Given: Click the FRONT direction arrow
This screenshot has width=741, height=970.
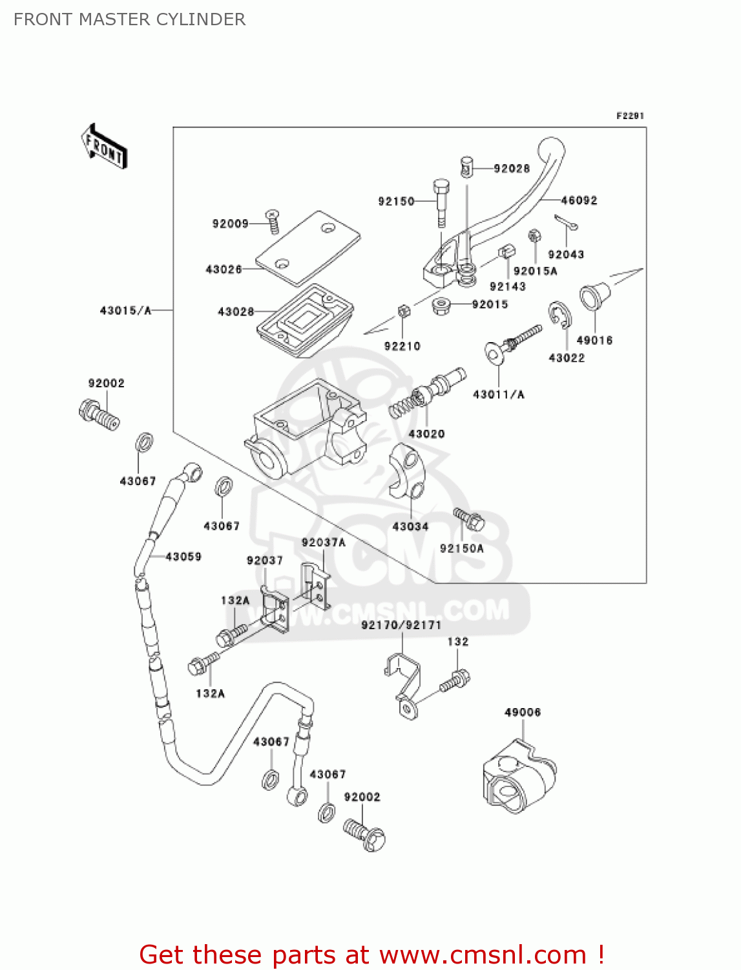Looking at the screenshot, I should pos(104,147).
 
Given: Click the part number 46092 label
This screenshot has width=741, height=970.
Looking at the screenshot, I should pos(579,200).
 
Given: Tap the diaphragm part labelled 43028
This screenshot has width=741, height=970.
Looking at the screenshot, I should pos(305,320).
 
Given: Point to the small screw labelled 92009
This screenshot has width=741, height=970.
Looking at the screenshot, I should pos(273,222).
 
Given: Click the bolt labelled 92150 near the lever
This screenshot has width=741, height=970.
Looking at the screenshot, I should pos(440,202).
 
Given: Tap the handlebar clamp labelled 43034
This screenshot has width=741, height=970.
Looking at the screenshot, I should pos(407,471).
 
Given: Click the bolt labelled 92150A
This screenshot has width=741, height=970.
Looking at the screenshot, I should pos(469,519).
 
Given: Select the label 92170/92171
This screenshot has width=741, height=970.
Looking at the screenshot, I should pos(401,625).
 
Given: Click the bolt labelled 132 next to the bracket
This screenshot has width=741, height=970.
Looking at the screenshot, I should pos(455,681).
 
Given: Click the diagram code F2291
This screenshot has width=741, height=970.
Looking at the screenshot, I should pos(630,116).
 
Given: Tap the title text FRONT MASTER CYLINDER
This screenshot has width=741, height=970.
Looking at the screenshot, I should pos(129,19).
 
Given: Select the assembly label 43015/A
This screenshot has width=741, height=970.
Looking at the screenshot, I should pos(125,310).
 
